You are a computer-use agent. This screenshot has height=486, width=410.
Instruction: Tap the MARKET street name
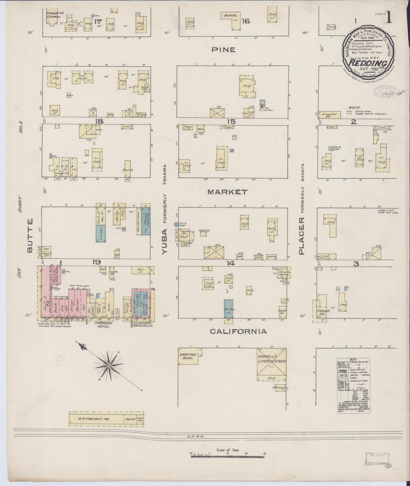[x=227, y=192]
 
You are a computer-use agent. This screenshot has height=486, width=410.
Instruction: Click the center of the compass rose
[x=109, y=366]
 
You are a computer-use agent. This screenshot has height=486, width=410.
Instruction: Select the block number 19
[x=95, y=262]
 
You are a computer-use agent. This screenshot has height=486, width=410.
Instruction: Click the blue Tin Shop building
[x=101, y=233]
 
